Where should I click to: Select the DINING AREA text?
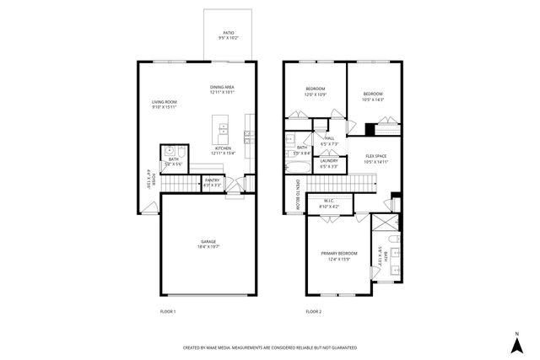tap(223, 88)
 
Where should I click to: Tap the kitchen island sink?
tap(224, 129)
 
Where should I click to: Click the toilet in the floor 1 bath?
tap(170, 150)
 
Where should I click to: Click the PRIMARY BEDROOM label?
tap(338, 253)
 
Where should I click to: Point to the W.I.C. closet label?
tap(329, 201)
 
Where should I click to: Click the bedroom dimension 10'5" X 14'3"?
tap(373, 99)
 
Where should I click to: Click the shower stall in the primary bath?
tap(384, 225)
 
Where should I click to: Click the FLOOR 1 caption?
tap(168, 311)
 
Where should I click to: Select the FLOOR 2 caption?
tap(313, 311)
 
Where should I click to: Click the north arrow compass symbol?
tap(516, 343)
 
